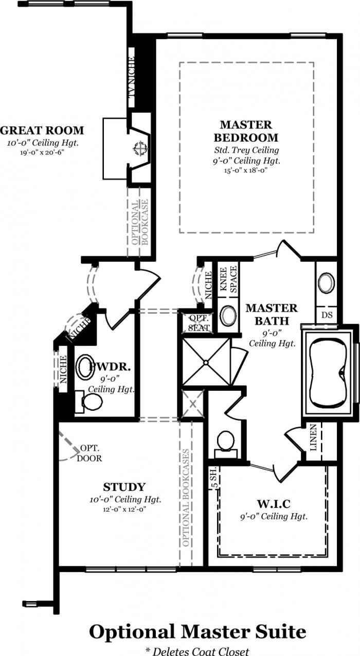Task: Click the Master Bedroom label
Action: click(x=246, y=131)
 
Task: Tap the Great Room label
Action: click(x=42, y=130)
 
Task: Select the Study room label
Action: click(x=124, y=486)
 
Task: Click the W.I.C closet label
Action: click(x=273, y=502)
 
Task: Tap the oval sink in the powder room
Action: click(x=85, y=367)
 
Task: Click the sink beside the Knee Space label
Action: click(x=228, y=315)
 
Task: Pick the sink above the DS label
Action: click(x=326, y=283)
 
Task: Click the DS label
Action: click(x=326, y=314)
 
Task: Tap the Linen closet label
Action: click(x=314, y=438)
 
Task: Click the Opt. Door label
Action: click(x=91, y=453)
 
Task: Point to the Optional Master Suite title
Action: click(x=197, y=631)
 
